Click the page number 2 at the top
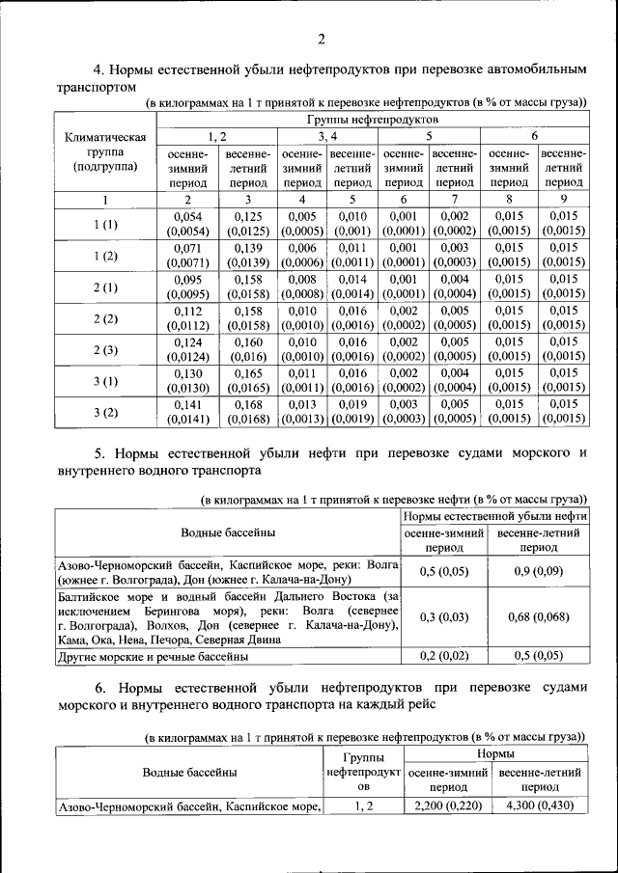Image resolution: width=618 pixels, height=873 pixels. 321,40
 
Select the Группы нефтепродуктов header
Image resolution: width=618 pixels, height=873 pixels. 372,119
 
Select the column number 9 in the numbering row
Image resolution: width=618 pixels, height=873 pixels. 564,200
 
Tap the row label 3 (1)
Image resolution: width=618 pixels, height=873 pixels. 105,380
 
